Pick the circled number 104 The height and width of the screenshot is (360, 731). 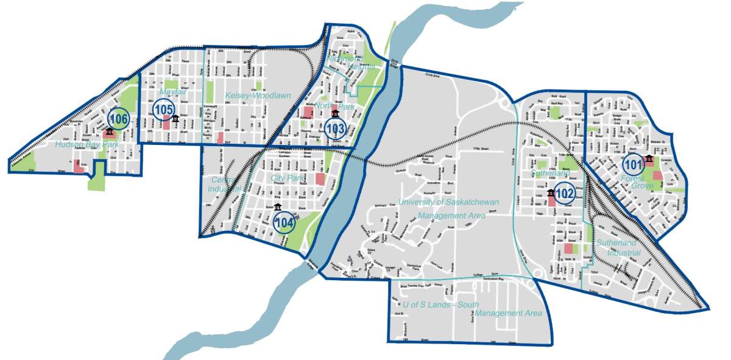284,223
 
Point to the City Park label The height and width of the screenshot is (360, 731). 284,178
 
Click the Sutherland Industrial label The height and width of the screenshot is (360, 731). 618,247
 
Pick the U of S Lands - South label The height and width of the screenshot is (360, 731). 440,304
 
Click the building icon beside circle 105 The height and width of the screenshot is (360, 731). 175,118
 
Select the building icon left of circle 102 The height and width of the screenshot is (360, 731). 551,193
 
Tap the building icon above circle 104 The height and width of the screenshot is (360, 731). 278,207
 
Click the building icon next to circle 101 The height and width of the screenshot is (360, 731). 649,160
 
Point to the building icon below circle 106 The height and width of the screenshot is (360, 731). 109,132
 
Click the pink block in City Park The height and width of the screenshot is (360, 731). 320,179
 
